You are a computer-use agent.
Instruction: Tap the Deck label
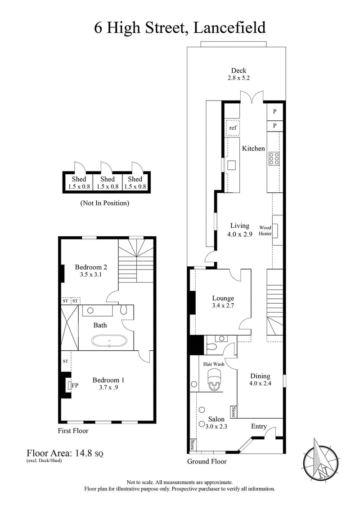pyautogui.click(x=238, y=70)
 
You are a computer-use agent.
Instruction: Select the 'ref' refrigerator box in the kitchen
pyautogui.click(x=233, y=128)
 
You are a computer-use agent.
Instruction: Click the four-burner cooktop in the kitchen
pyautogui.click(x=274, y=158)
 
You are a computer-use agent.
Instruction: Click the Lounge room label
pyautogui.click(x=223, y=298)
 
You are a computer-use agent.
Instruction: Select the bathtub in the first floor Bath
pyautogui.click(x=110, y=342)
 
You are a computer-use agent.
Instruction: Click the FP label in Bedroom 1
pyautogui.click(x=75, y=385)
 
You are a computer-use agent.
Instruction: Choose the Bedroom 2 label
pyautogui.click(x=90, y=267)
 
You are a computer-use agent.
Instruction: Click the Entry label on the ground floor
pyautogui.click(x=259, y=426)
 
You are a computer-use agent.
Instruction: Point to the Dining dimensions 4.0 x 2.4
pyautogui.click(x=260, y=384)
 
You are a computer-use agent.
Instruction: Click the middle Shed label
pyautogui.click(x=108, y=179)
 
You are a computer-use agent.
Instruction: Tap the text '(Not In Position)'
pyautogui.click(x=105, y=203)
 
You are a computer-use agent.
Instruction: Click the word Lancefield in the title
pyautogui.click(x=229, y=27)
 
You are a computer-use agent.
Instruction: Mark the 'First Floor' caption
pyautogui.click(x=73, y=431)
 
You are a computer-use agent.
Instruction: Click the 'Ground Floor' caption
pyautogui.click(x=207, y=461)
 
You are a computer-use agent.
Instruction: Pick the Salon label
pyautogui.click(x=216, y=420)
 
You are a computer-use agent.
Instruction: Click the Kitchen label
pyautogui.click(x=253, y=148)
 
